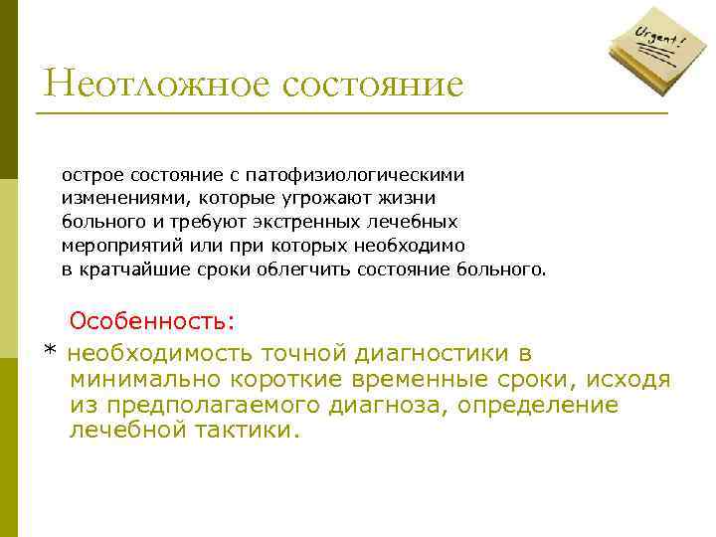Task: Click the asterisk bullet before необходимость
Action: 50,353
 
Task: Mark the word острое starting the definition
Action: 92,175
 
